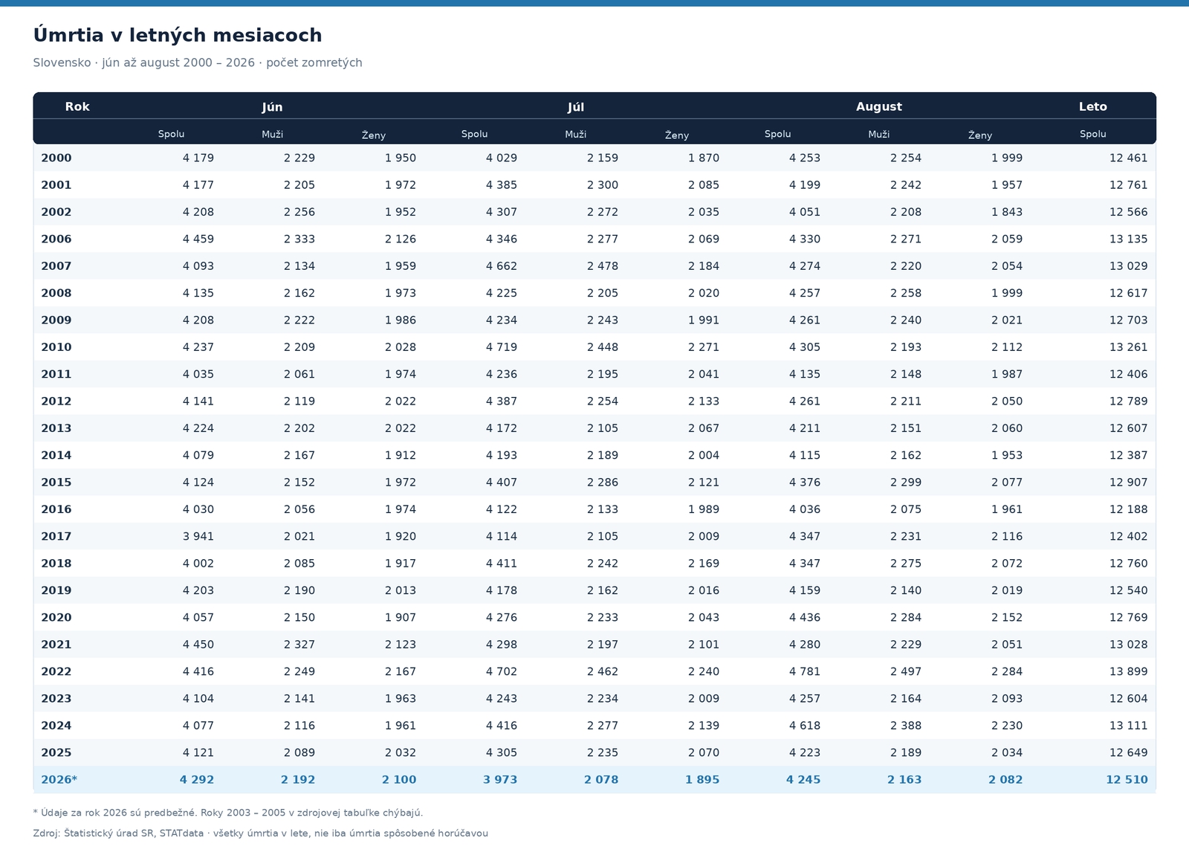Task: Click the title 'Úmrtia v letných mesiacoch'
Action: pos(178,35)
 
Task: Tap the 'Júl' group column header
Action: pos(575,107)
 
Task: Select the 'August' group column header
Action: pos(878,107)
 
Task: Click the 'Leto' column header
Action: pos(1092,107)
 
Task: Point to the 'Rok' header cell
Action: pos(77,107)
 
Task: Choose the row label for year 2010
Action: pos(56,346)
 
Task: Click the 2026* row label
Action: pos(59,779)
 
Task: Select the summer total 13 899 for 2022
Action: pos(1128,671)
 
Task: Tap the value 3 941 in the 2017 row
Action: pos(198,536)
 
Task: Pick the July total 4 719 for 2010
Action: pos(501,346)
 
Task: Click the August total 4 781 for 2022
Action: pos(804,671)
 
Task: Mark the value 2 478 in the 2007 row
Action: pos(603,266)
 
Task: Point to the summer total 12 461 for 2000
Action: pos(1128,158)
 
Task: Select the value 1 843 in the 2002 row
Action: pos(1006,212)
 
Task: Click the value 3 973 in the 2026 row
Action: pos(500,779)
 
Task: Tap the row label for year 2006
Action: pos(56,239)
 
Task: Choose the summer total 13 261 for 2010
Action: pos(1128,346)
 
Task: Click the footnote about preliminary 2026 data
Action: pos(227,813)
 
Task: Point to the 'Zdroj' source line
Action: pos(260,834)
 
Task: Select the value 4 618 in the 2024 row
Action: pos(804,726)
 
